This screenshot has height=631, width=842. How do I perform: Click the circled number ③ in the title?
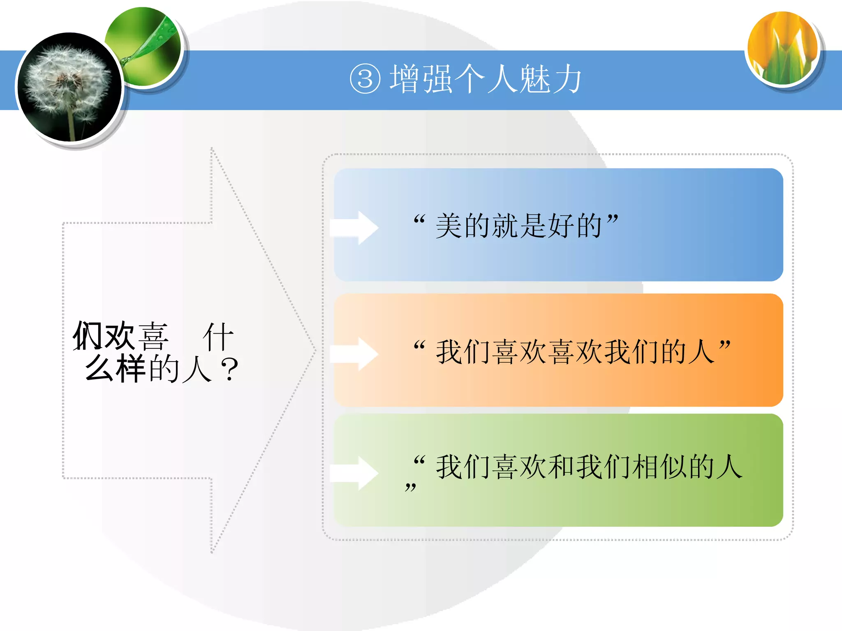(x=365, y=80)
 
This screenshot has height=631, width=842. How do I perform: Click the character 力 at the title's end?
(x=567, y=80)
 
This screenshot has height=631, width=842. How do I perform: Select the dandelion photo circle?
(x=69, y=87)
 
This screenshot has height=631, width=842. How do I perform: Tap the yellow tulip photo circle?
(x=783, y=48)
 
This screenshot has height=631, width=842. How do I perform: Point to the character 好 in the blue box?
(x=561, y=226)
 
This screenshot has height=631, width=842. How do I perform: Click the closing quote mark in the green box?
(x=410, y=488)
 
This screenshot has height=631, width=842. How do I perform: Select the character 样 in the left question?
(x=131, y=368)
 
